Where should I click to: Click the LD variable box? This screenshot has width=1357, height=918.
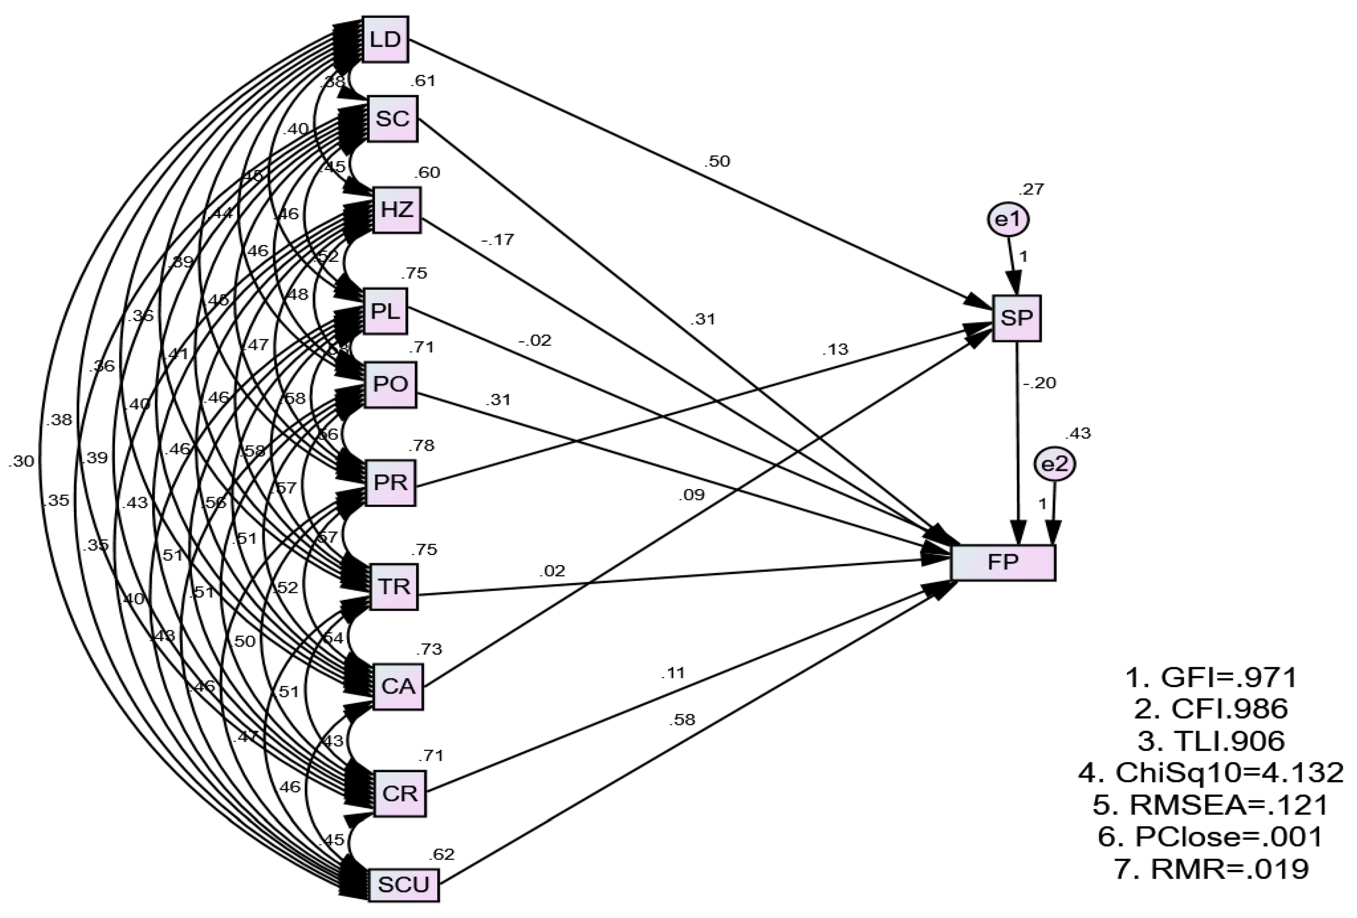pos(385,39)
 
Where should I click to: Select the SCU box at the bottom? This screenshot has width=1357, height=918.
pos(403,885)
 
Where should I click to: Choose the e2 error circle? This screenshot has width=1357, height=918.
pos(1054,465)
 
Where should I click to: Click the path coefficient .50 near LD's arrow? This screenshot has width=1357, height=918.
pos(717,161)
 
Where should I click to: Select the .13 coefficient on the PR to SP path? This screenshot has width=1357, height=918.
pos(835,349)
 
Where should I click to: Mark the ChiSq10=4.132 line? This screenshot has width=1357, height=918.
pos(1210,773)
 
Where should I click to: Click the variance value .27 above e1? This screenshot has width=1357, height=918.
pos(1031,189)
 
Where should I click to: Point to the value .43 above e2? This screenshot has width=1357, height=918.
pos(1078,433)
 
